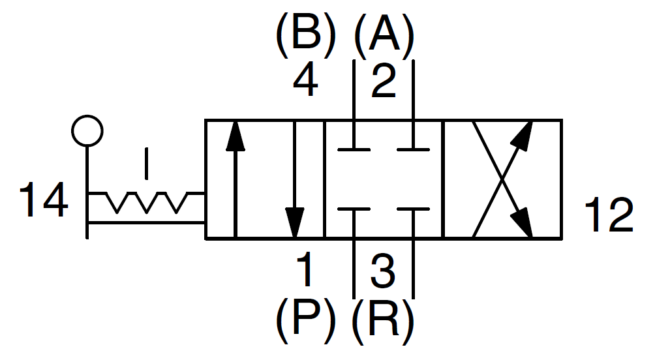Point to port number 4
tap(305, 82)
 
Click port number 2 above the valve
tap(383, 82)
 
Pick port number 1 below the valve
tap(305, 270)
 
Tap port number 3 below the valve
tap(383, 270)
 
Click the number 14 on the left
tap(43, 200)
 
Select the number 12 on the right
tap(608, 216)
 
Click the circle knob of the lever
tap(87, 130)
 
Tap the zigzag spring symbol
tap(147, 202)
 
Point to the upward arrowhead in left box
tap(236, 137)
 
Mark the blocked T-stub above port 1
tap(354, 210)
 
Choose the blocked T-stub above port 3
tap(413, 210)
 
